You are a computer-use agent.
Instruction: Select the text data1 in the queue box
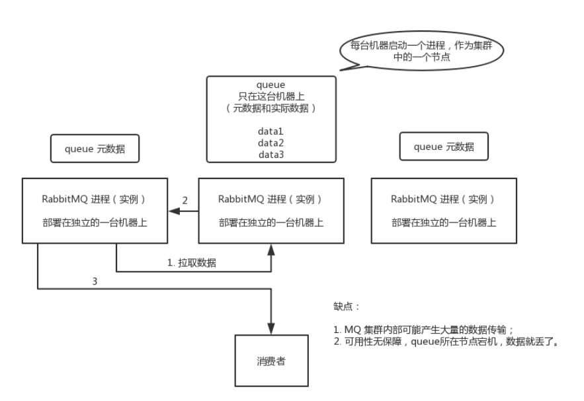[x=271, y=131]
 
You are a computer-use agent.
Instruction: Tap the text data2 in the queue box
[x=271, y=143]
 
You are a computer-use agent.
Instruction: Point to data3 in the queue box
[x=271, y=153]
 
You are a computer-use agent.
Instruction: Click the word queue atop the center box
[x=271, y=85]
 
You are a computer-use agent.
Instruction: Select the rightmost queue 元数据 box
[x=444, y=147]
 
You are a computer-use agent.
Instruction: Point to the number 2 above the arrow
[x=185, y=200]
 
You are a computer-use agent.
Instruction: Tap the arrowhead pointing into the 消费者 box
[x=271, y=329]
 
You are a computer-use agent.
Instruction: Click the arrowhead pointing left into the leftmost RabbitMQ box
[x=174, y=211]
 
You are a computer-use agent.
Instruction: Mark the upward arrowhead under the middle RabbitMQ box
[x=271, y=249]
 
